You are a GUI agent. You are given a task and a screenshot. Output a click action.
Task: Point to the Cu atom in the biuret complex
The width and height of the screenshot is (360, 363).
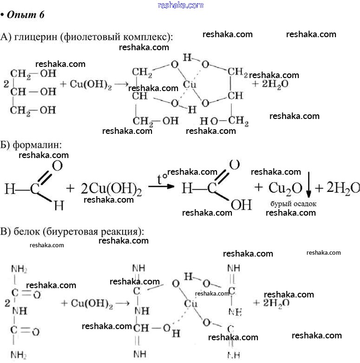tap(190, 304)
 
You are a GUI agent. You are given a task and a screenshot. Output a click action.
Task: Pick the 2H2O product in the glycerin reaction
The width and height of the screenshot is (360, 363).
tap(270, 85)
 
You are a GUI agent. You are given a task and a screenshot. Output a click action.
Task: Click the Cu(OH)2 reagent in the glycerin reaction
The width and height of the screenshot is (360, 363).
tap(91, 85)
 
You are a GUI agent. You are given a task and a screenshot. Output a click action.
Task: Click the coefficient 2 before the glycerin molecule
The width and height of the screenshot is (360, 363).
tap(6, 85)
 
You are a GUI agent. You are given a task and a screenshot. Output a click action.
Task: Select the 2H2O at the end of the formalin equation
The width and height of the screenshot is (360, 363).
tap(343, 188)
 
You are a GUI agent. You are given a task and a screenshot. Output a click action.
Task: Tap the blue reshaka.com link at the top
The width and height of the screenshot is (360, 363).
tap(180, 5)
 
